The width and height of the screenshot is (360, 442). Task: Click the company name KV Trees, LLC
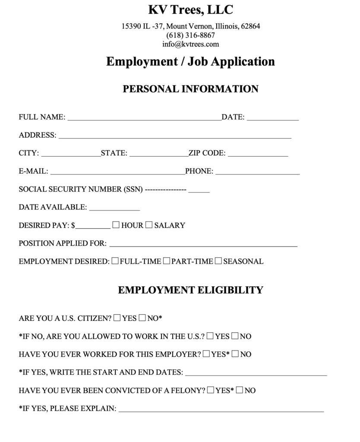190,9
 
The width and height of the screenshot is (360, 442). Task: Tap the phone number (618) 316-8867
190,35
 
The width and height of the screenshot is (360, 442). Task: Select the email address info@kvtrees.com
190,44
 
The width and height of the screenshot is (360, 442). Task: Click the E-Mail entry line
117,171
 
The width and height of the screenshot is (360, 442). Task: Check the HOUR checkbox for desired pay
116,225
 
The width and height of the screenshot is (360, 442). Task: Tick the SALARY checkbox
149,225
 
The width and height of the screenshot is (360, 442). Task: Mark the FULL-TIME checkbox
115,261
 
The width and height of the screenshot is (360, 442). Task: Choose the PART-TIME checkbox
167,261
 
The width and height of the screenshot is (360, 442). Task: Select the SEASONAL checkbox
218,261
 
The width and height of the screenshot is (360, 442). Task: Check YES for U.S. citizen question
117,319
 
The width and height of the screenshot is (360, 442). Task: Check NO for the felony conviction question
240,391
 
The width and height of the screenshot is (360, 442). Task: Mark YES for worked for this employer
206,354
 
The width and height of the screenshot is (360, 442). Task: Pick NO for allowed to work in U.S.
235,336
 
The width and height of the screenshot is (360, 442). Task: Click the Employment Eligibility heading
190,290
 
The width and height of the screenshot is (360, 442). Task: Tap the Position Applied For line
203,243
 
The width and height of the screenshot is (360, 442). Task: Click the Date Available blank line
114,207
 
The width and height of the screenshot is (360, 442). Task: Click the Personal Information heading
190,89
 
